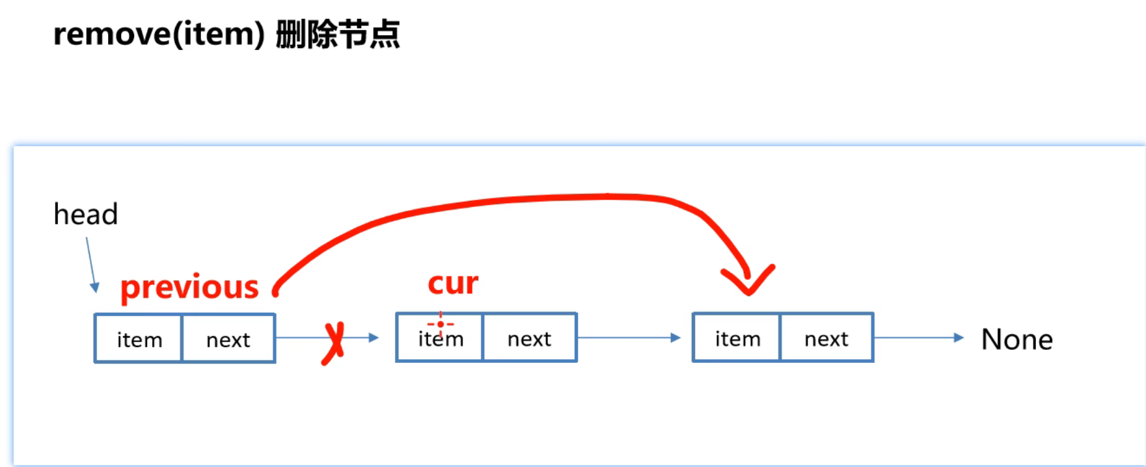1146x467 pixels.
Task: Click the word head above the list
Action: pos(86,214)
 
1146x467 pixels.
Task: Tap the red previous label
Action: pos(189,287)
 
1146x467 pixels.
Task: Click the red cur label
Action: pos(453,283)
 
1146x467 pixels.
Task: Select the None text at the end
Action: pos(1016,340)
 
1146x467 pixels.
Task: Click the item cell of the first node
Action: pos(139,339)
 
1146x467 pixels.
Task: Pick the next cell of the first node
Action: pos(228,339)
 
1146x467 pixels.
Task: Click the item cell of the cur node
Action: pos(440,339)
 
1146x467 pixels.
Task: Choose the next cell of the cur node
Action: pos(529,339)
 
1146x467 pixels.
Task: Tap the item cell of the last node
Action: pos(737,339)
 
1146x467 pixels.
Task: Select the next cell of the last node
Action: pos(826,339)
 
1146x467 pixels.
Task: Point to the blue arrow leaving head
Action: pos(91,263)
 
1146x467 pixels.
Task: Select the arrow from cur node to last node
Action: pos(628,338)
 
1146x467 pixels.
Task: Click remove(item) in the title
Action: pos(159,34)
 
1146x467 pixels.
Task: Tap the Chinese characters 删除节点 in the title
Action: pos(338,34)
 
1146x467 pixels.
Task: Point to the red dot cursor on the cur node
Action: pos(441,324)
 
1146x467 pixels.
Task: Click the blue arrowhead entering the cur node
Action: pos(374,338)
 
